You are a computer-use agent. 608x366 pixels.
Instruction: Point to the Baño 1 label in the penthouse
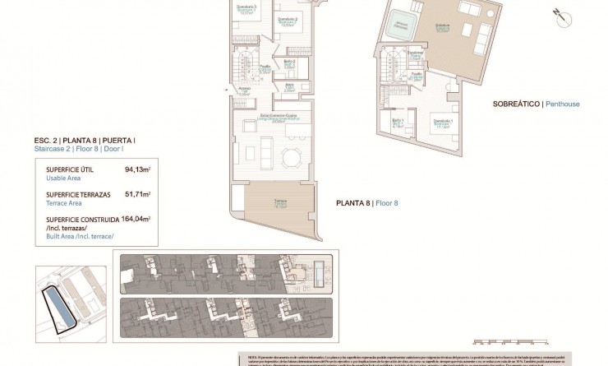tap(398, 121)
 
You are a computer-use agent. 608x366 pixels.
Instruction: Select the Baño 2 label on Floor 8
tap(289, 62)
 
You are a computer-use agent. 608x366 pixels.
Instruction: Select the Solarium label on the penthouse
tap(443, 26)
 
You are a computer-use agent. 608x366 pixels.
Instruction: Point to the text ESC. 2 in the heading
tap(45, 141)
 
